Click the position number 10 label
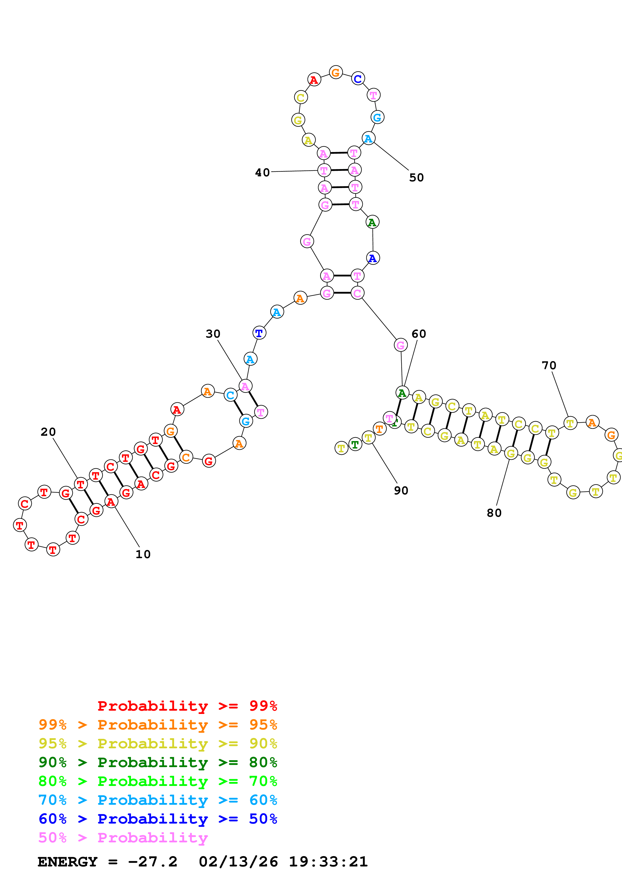point(143,554)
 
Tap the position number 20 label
point(48,432)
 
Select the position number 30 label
point(213,334)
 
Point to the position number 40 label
point(262,173)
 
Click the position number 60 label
point(419,334)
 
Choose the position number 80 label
point(494,513)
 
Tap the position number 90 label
point(401,491)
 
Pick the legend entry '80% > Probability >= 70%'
point(158,781)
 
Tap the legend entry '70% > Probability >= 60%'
point(158,800)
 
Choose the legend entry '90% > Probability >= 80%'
point(158,762)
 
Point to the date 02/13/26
point(238,862)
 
